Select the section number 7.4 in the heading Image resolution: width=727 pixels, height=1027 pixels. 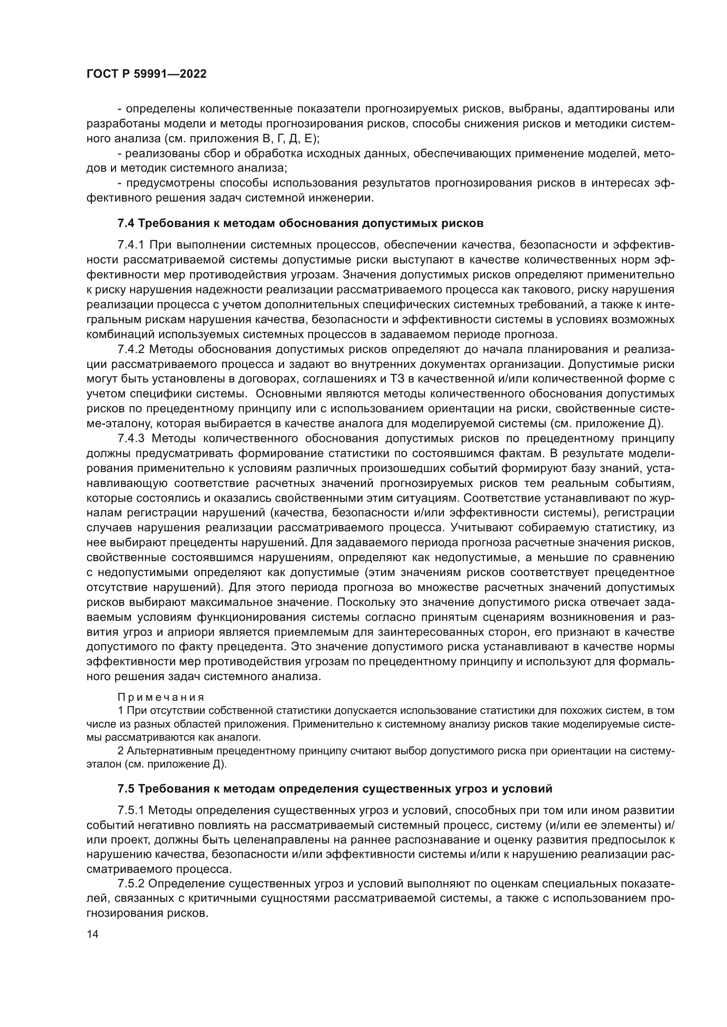coord(125,223)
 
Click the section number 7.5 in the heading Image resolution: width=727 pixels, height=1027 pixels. coord(125,789)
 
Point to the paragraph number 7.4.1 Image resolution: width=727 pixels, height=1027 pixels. coord(131,245)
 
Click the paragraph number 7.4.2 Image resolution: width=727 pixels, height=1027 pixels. coord(131,349)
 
